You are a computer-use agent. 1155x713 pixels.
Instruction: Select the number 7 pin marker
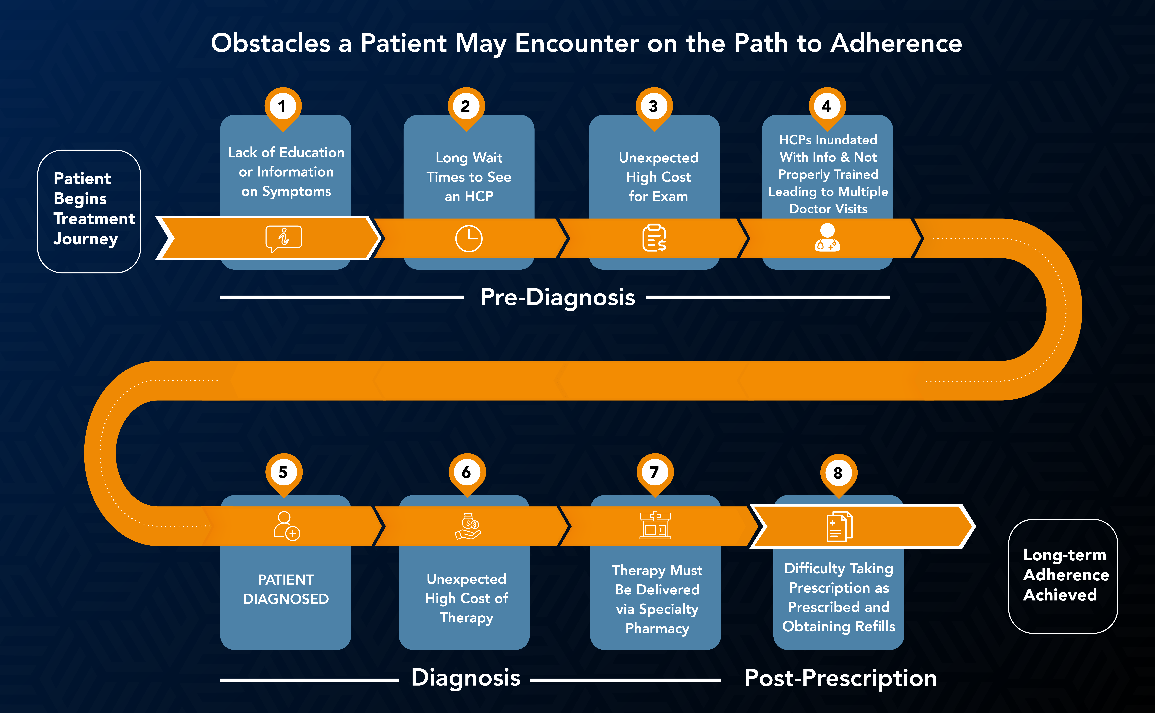pyautogui.click(x=655, y=473)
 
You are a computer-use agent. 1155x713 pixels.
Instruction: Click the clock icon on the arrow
pyautogui.click(x=468, y=239)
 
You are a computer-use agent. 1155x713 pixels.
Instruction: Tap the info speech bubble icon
pyautogui.click(x=284, y=238)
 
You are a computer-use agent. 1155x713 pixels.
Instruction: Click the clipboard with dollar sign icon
pyautogui.click(x=654, y=238)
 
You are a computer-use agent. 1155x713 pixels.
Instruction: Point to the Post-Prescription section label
pyautogui.click(x=840, y=678)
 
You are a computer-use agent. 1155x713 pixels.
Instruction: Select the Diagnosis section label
pyautogui.click(x=466, y=678)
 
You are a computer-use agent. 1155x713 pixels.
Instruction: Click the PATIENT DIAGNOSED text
pyautogui.click(x=286, y=589)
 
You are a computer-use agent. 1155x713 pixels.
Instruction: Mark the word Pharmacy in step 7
pyautogui.click(x=657, y=629)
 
